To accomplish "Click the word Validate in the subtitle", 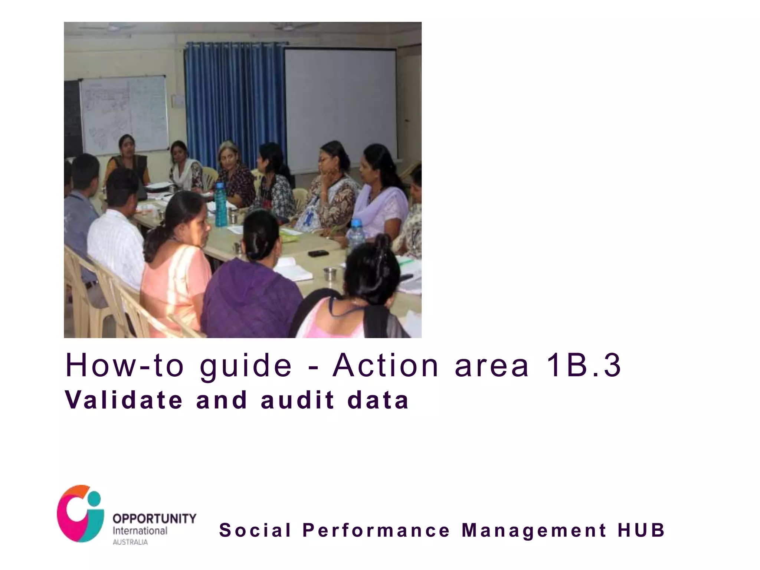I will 124,400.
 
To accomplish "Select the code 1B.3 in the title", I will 583,366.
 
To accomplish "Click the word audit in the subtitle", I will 297,400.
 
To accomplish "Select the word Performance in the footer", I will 376,530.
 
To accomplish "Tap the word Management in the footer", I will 534,531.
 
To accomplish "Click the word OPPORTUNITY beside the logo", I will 154,518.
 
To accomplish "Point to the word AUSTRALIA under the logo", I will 130,542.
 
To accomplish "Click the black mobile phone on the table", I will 318,253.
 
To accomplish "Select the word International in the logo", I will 140,531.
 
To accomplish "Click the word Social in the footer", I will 255,530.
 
